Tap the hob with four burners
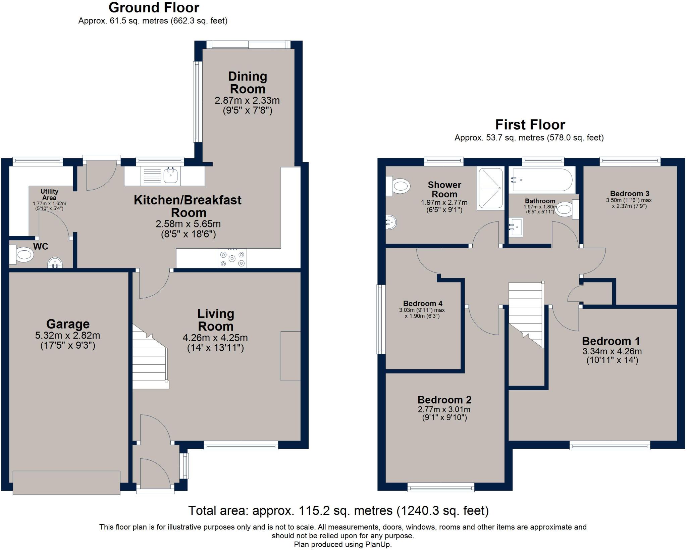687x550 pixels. (232, 258)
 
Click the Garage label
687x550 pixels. (68, 324)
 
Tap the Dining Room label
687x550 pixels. (248, 83)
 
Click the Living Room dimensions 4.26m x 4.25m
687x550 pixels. (215, 338)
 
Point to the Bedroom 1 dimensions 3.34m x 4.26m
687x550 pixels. (612, 351)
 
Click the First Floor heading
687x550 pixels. (530, 125)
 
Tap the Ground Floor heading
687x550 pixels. (154, 7)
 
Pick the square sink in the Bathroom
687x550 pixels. (516, 227)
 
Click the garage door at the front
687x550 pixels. (66, 482)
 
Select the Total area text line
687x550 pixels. (338, 510)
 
